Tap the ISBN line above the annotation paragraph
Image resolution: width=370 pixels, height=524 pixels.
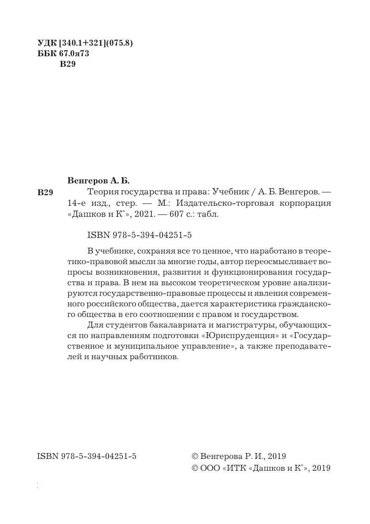click(x=136, y=235)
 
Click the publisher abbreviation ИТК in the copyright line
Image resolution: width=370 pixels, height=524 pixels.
click(x=234, y=468)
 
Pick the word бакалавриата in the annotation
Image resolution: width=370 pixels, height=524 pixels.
click(x=166, y=325)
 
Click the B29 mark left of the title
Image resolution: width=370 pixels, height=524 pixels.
click(x=45, y=193)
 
